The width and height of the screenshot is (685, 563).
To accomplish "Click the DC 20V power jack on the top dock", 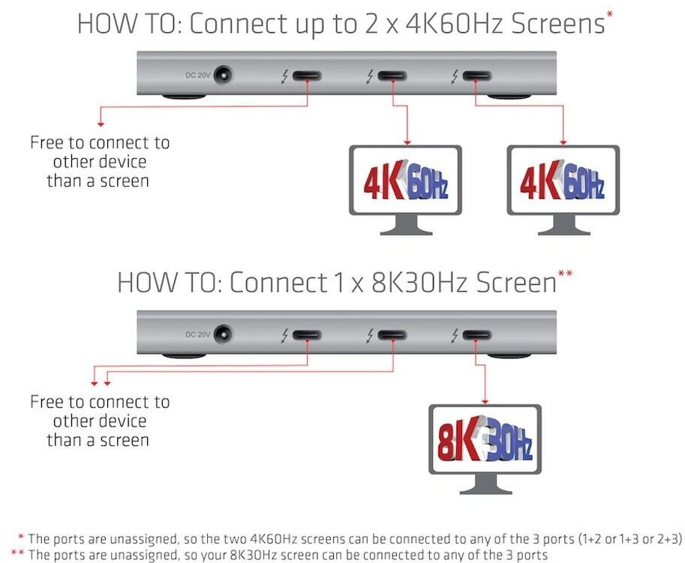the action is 224,76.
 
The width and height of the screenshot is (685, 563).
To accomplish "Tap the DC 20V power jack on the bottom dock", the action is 224,335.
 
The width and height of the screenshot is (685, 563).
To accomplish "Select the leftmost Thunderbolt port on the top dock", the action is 307,76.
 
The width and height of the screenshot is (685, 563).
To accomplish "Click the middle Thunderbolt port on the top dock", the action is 392,76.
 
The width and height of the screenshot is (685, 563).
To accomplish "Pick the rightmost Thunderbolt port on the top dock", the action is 477,76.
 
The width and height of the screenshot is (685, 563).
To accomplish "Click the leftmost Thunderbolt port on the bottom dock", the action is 307,335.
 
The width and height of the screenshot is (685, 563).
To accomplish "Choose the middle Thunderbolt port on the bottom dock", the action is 392,335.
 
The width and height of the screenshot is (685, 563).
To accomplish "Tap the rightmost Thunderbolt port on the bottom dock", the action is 477,335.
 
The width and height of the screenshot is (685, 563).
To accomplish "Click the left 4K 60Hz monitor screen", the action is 405,180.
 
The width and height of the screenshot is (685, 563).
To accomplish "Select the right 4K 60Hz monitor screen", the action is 563,180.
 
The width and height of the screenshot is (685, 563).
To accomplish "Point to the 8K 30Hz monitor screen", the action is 485,439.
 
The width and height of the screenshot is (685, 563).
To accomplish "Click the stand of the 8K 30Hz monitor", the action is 485,484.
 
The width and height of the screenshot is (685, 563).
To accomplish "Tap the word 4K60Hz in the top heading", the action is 455,23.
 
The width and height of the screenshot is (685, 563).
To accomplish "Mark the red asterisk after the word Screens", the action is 610,14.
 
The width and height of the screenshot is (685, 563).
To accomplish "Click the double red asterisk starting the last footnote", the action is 17,553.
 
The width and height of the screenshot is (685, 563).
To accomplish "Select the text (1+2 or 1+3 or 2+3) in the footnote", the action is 630,539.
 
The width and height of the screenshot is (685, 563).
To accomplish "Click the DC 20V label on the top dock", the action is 197,75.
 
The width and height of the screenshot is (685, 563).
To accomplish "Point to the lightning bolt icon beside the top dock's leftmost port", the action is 284,76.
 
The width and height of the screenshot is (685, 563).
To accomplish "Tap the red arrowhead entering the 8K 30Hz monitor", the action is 485,401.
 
